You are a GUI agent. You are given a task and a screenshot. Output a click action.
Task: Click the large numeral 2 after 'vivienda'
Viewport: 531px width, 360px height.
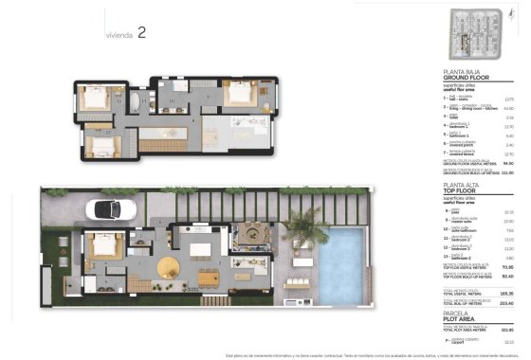[x=141, y=32]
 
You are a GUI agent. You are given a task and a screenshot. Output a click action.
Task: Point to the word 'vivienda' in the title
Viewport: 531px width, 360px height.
[x=118, y=35]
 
